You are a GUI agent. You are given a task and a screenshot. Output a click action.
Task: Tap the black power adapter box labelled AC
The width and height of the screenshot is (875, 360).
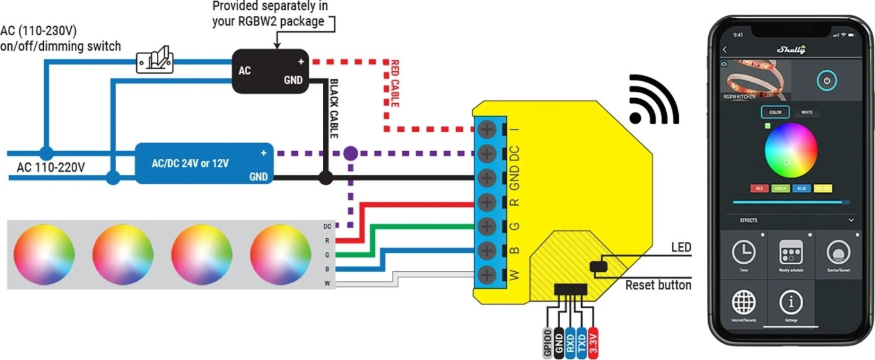pyautogui.click(x=270, y=71)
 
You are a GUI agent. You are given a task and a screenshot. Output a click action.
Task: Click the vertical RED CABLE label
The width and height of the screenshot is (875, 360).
pyautogui.click(x=394, y=84)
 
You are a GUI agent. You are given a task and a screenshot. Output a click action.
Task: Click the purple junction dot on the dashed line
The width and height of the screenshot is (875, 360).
pyautogui.click(x=351, y=152)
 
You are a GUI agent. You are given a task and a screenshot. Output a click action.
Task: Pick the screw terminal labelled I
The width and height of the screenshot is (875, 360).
pyautogui.click(x=487, y=129)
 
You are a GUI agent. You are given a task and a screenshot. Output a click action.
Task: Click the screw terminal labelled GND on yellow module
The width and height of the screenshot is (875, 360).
pyautogui.click(x=487, y=177)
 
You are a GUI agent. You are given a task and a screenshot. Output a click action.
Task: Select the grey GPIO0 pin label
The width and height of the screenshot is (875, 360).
pyautogui.click(x=547, y=342)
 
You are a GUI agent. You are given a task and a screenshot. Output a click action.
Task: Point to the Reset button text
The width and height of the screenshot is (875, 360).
pyautogui.click(x=658, y=286)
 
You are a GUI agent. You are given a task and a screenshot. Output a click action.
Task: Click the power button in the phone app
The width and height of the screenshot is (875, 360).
pyautogui.click(x=826, y=81)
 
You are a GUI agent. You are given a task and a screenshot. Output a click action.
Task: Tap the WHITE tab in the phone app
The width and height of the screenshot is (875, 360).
pyautogui.click(x=807, y=112)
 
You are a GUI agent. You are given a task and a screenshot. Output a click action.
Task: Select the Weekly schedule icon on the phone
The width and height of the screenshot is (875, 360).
pyautogui.click(x=791, y=252)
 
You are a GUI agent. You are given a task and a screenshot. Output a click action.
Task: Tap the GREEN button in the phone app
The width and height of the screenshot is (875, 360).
pyautogui.click(x=780, y=188)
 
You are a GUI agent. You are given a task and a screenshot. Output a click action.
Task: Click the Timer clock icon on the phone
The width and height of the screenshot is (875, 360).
pyautogui.click(x=744, y=252)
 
